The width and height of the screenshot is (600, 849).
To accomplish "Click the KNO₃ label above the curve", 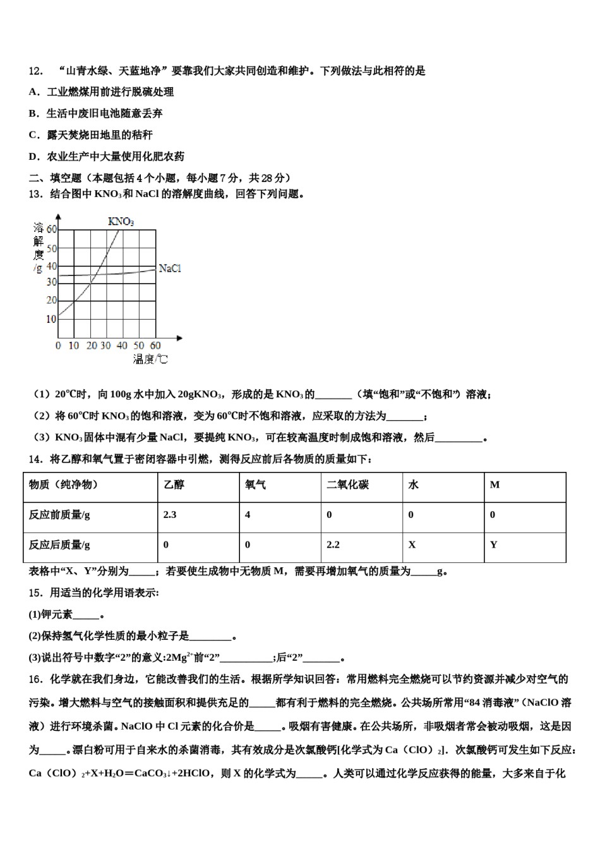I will point(121,221).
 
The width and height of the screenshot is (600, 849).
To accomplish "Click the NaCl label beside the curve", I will point(170,268).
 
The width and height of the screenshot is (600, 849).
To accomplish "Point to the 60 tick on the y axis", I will point(52,229).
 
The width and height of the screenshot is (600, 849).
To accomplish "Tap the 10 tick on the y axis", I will point(51,319).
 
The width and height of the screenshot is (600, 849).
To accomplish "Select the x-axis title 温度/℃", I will point(150,359).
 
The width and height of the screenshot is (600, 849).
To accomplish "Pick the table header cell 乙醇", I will point(174,485).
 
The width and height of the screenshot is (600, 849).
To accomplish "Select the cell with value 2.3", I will point(170,515).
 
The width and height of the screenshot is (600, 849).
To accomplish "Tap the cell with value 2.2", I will point(333,545).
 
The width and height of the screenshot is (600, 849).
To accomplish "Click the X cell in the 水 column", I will point(412,545).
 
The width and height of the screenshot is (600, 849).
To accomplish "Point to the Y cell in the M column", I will point(494,545).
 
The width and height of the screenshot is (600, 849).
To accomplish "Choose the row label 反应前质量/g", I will point(59,515).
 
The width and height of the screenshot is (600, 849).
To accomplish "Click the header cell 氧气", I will point(256,485).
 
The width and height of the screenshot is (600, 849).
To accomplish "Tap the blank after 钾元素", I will point(86,615).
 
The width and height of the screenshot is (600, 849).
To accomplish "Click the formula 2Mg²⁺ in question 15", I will point(178,658).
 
